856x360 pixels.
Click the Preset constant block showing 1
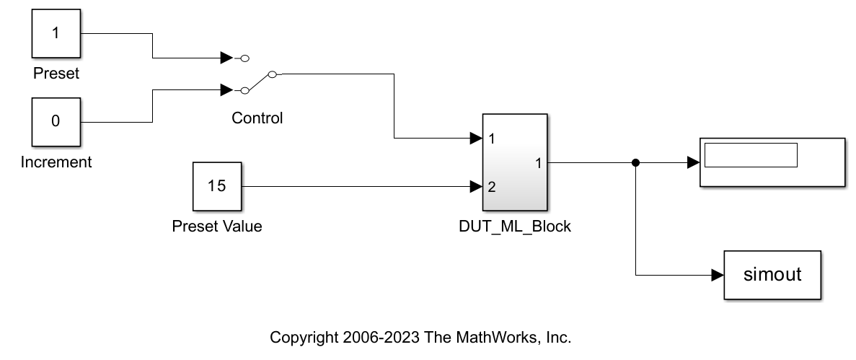pos(56,33)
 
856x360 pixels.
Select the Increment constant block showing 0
pos(56,122)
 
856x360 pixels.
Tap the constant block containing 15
pos(217,186)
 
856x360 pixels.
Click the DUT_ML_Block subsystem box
pos(515,162)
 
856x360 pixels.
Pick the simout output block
pos(772,275)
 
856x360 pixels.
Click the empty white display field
pos(751,155)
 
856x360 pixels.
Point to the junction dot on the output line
pos(635,162)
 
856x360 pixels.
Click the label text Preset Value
pos(217,226)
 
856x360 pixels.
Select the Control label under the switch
pos(257,118)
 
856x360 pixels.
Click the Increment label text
pos(56,162)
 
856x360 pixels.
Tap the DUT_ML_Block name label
pos(515,227)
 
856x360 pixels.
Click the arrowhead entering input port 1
pos(476,139)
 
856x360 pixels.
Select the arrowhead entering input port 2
pos(476,186)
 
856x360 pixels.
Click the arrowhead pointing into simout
pos(718,275)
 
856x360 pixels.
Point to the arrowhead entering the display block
pos(693,162)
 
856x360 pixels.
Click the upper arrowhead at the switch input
pos(226,58)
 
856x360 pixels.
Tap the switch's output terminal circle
pos(273,74)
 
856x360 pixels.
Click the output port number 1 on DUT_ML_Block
pos(538,163)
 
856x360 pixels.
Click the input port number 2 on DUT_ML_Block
pos(492,187)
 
